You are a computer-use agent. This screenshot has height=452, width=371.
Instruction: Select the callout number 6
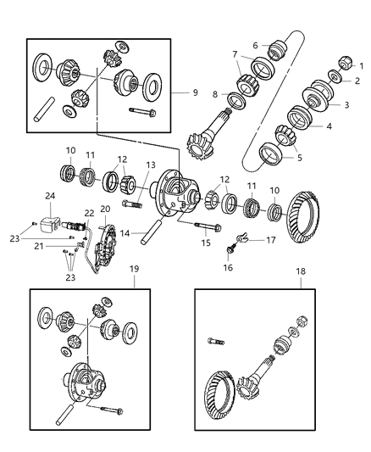click(x=254, y=46)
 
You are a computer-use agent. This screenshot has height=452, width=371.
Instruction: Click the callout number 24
click(x=50, y=196)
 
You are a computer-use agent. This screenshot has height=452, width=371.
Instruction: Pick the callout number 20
click(x=105, y=209)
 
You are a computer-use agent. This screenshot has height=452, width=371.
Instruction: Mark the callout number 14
click(x=125, y=232)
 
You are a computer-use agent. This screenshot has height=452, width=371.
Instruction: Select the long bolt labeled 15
click(x=205, y=226)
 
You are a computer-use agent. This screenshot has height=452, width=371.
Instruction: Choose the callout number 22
click(x=89, y=213)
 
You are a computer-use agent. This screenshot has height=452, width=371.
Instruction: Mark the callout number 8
click(x=216, y=94)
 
